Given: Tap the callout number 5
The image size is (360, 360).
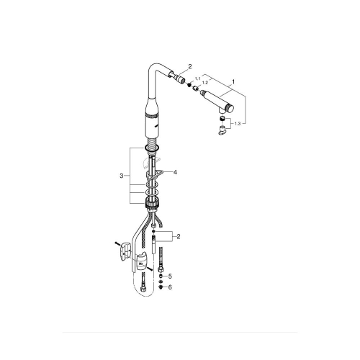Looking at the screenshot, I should point(170,276).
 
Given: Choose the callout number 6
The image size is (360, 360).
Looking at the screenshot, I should point(170,287).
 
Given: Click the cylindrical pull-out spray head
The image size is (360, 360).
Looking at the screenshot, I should point(220,99).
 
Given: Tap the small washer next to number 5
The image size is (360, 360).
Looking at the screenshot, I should point(161,276).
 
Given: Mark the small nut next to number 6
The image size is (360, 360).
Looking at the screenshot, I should point(161,287).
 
